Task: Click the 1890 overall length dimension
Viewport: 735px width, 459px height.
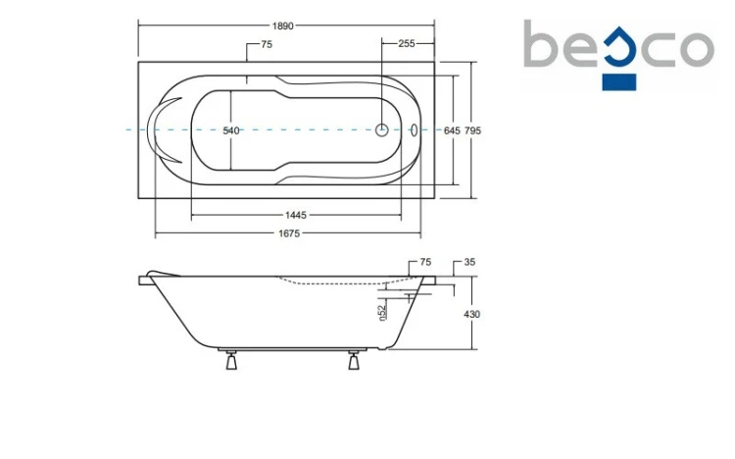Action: point(282,25)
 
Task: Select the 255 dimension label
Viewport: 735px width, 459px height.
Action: point(407,44)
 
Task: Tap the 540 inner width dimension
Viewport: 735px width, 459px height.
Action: point(231,131)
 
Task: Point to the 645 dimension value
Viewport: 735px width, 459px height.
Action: point(452,131)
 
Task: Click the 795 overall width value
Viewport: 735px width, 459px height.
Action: point(472,131)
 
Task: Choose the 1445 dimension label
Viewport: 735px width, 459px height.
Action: point(296,215)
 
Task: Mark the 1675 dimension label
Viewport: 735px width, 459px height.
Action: point(289,233)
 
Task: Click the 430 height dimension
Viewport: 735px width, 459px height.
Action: point(472,314)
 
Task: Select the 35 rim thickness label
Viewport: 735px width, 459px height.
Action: point(469,262)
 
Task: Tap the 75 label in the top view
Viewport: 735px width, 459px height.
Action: point(267,44)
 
